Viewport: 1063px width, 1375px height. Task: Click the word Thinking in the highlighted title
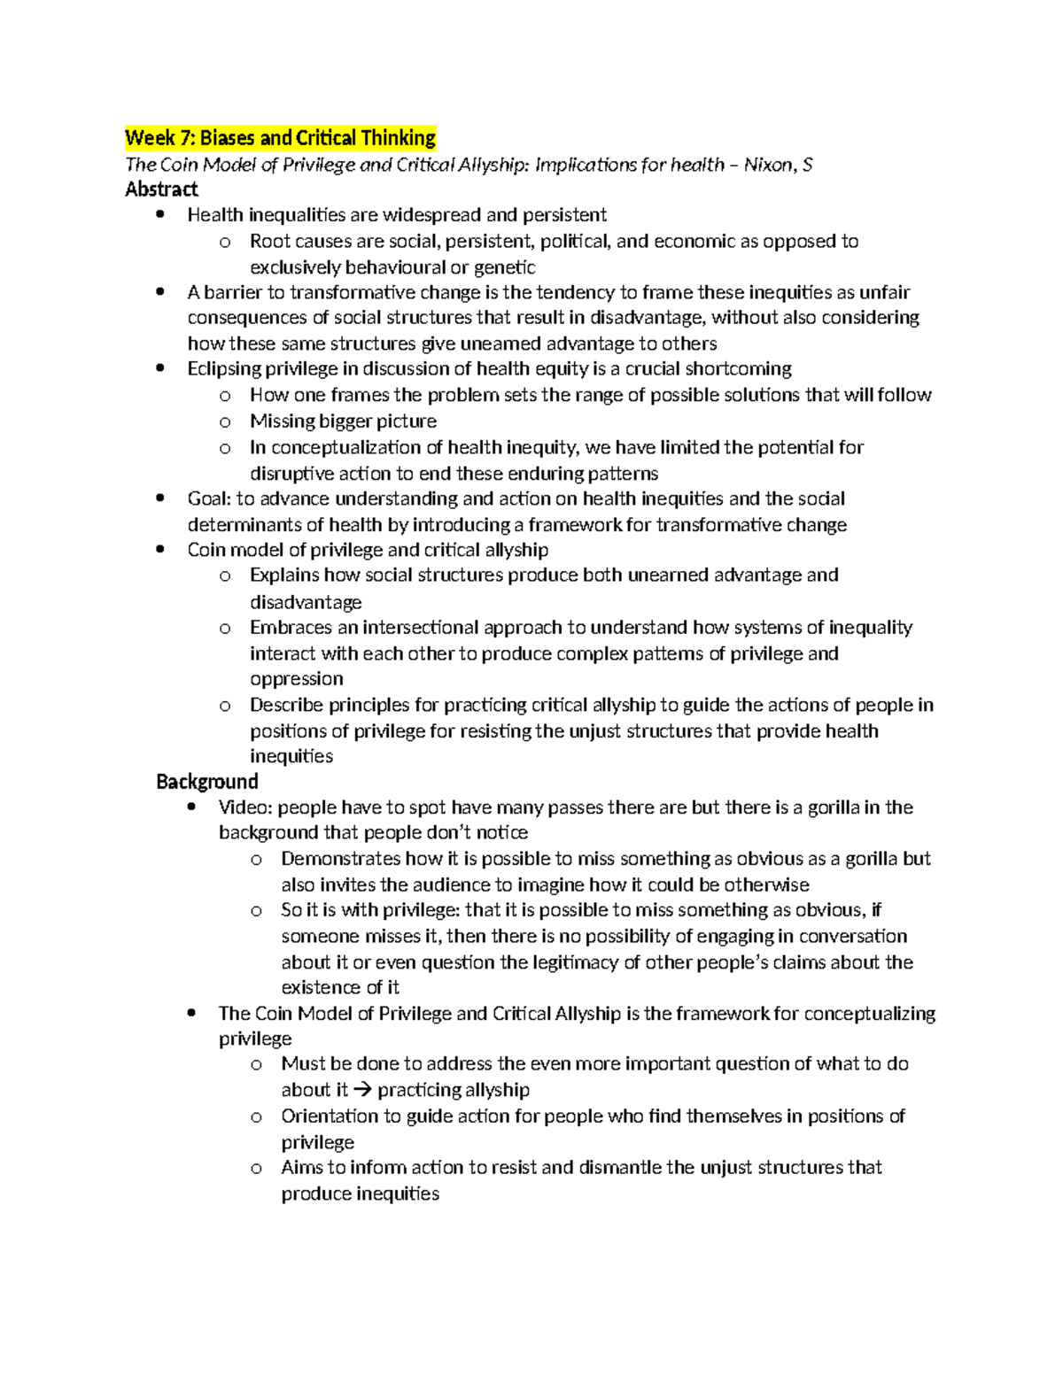click(x=395, y=138)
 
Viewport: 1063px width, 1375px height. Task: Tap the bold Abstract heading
click(x=161, y=189)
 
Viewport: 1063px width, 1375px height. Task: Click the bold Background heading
click(x=206, y=782)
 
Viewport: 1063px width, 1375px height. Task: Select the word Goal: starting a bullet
click(x=209, y=499)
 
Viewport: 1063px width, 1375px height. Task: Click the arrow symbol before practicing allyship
click(x=363, y=1090)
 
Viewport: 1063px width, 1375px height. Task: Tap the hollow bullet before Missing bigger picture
click(x=225, y=422)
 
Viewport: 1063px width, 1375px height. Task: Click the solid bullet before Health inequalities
click(x=159, y=215)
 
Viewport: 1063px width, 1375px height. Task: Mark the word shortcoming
click(x=738, y=369)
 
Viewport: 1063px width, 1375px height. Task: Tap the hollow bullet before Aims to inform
click(x=256, y=1169)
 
